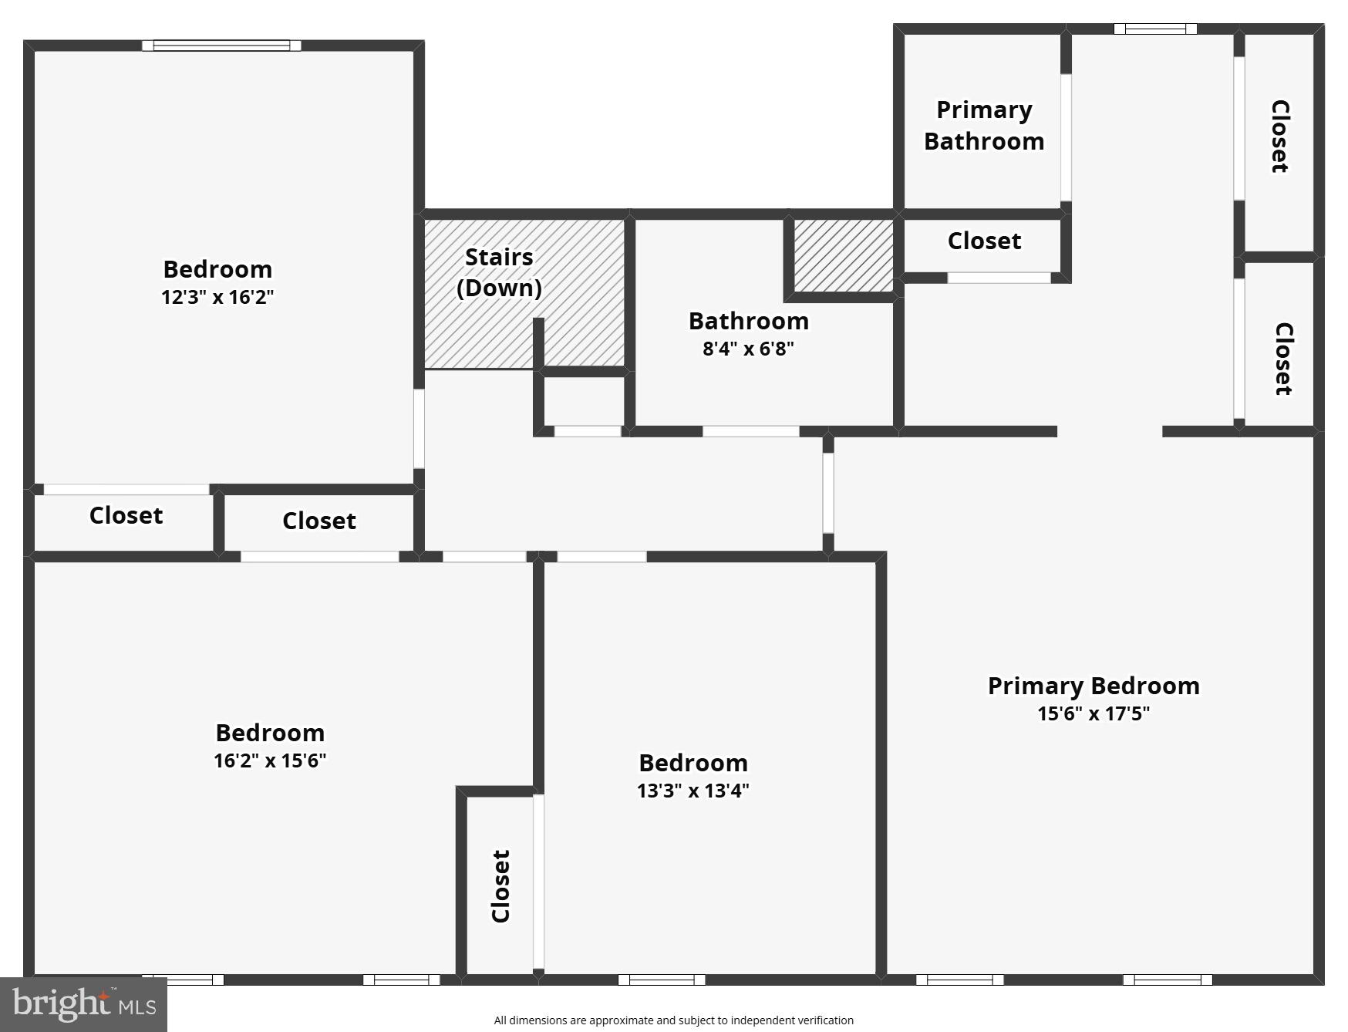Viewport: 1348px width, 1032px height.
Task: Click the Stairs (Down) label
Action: [x=499, y=272]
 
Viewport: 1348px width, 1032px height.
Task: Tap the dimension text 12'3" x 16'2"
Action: [x=217, y=298]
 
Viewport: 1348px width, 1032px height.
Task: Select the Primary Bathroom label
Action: [x=984, y=126]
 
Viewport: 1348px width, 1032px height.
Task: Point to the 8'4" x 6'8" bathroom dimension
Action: [x=748, y=349]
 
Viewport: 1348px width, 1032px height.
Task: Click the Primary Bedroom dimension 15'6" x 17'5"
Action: [x=1093, y=713]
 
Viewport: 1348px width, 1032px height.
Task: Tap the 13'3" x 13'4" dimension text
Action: [x=693, y=791]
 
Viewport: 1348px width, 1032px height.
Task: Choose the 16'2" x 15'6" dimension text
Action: [x=270, y=761]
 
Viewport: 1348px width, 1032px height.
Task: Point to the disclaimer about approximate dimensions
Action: [x=673, y=1020]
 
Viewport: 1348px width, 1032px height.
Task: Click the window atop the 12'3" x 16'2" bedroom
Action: [x=221, y=46]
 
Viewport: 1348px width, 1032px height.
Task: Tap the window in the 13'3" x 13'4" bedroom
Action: [x=662, y=980]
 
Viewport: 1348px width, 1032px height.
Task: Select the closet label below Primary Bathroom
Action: [x=984, y=241]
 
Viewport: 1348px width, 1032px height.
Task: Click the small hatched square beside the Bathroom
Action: [x=844, y=256]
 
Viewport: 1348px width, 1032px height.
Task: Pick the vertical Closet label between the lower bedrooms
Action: [x=501, y=886]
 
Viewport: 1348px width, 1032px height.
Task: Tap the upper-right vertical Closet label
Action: [x=1279, y=137]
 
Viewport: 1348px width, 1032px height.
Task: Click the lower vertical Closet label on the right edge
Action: [x=1282, y=359]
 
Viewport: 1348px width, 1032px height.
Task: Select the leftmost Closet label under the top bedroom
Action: [x=126, y=515]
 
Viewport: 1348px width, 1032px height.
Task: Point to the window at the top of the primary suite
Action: [x=1154, y=29]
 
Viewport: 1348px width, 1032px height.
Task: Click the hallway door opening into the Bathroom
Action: [x=750, y=431]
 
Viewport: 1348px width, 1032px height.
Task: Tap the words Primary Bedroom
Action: [x=1093, y=686]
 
